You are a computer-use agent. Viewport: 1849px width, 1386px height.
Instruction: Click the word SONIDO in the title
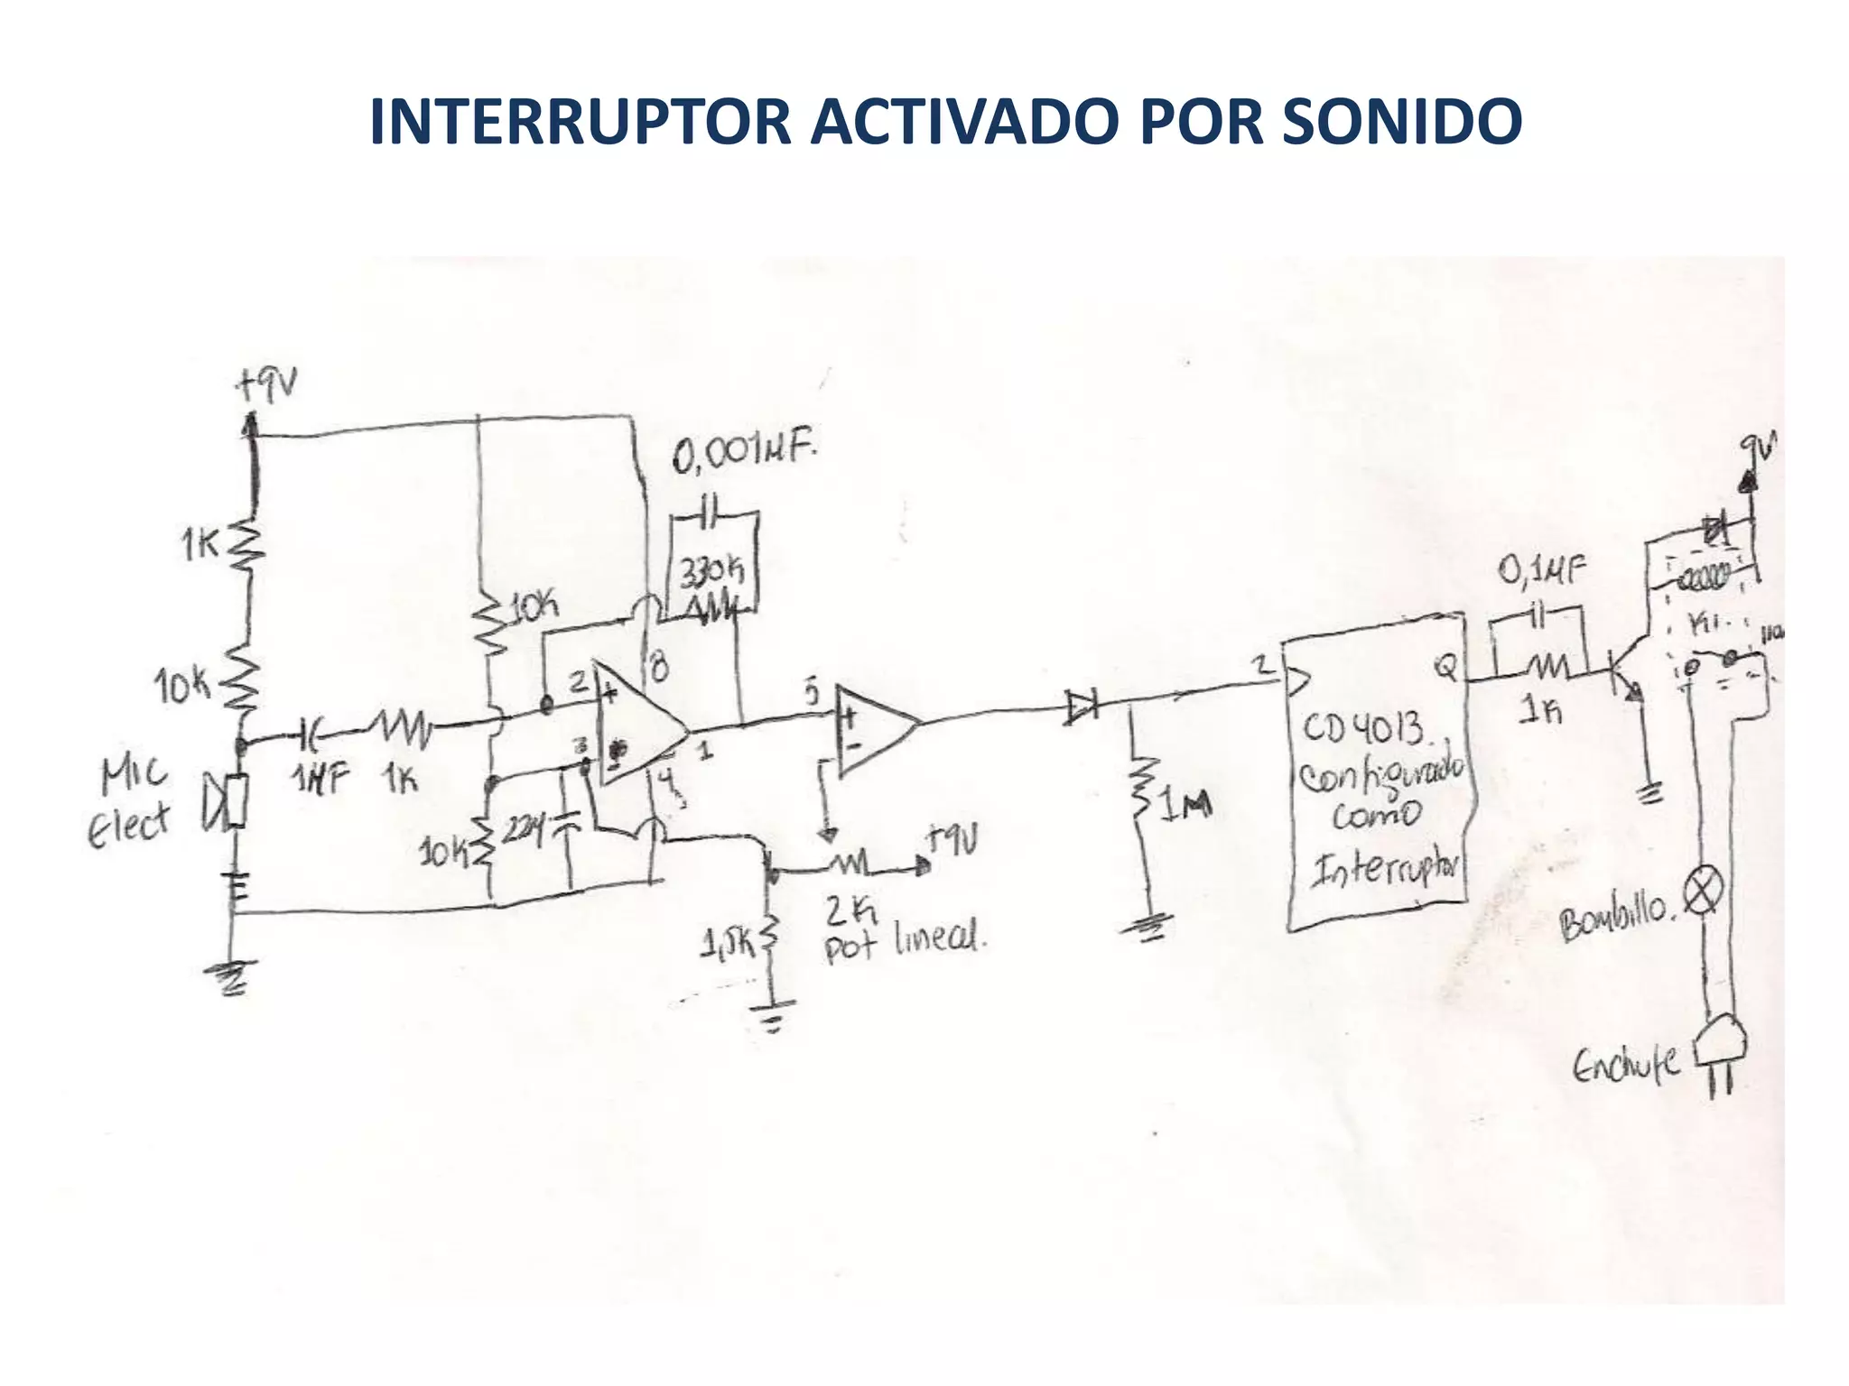coord(1401,122)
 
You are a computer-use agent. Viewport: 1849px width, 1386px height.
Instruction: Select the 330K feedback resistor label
coord(711,571)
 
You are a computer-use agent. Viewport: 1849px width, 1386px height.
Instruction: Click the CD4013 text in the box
coord(1364,729)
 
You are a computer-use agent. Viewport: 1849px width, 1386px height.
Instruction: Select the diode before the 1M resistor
coord(1081,707)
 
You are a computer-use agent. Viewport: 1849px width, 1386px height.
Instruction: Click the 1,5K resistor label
coord(727,944)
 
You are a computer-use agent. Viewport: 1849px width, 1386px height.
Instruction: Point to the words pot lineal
coord(903,943)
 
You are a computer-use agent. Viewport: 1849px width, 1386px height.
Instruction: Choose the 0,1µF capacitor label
coord(1541,569)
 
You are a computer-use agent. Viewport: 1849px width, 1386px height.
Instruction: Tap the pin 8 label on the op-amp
coord(659,669)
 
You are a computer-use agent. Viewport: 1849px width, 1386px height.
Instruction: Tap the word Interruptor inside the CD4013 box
coord(1386,867)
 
